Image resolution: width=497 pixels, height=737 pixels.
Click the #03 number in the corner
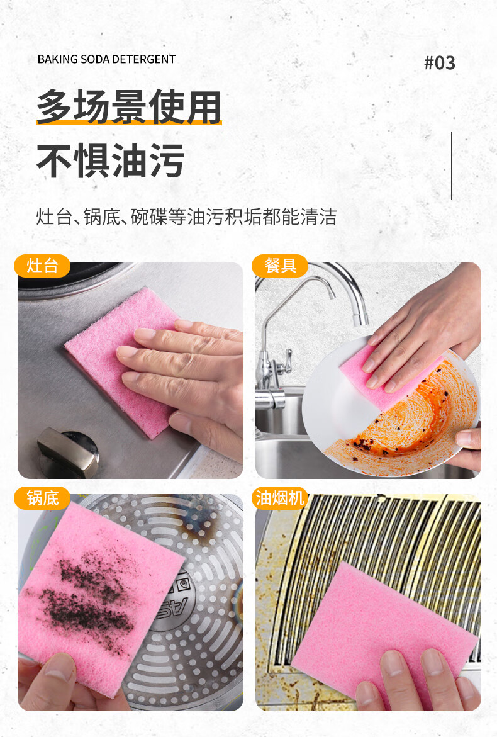pos(440,63)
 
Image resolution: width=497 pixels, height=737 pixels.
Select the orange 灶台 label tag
pos(42,266)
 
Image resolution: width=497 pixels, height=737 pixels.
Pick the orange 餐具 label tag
pos(280,266)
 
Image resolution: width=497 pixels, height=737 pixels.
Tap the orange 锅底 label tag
pos(42,498)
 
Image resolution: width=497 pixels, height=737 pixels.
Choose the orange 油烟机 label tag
pos(280,498)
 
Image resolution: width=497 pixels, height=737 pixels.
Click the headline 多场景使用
pos(129,107)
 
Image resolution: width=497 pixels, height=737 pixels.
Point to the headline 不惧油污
pos(110,160)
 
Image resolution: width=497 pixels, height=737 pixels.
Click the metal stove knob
pos(68,452)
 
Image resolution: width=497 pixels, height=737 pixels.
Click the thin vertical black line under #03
pos(452,166)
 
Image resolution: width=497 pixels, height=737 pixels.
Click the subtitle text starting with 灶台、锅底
pos(186,217)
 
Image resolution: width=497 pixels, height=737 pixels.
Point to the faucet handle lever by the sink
pos(284,362)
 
